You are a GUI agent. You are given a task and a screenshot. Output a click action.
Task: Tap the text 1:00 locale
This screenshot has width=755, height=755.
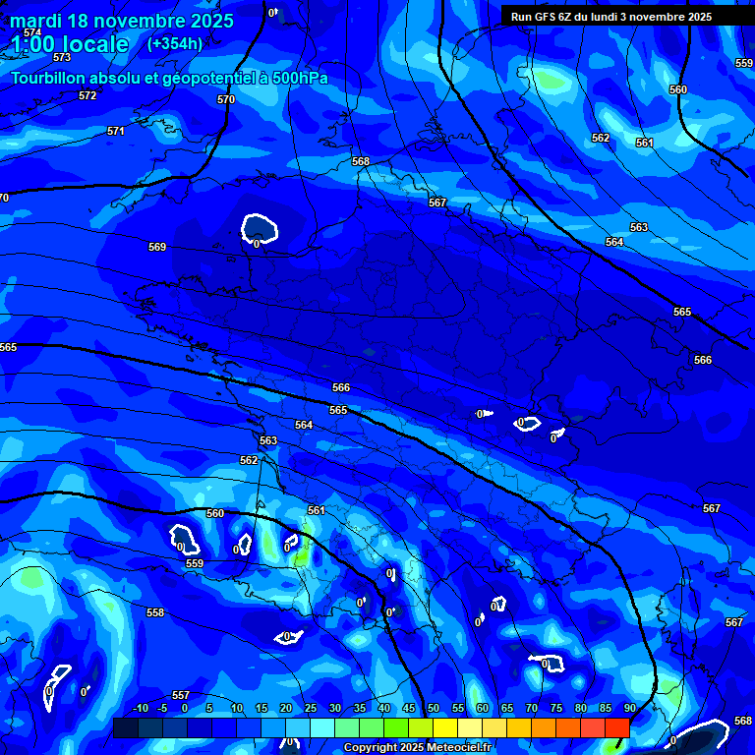click(69, 44)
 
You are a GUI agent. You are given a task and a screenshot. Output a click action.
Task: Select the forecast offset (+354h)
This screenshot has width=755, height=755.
click(175, 43)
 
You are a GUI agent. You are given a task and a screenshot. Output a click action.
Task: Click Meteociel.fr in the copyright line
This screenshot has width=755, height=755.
click(453, 748)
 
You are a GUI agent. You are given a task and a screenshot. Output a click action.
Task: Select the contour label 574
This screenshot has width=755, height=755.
click(32, 32)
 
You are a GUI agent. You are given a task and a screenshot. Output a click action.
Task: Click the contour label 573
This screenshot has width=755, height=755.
click(62, 58)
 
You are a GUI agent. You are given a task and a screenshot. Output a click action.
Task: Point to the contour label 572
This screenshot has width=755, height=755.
click(87, 95)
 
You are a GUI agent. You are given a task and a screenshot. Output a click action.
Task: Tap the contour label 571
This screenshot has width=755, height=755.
click(116, 131)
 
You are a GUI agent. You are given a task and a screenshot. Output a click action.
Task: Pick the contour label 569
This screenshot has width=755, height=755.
click(157, 247)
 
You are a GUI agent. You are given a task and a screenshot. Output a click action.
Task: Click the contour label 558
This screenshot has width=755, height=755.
click(155, 612)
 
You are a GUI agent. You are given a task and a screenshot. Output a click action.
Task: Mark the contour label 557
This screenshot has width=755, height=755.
click(180, 695)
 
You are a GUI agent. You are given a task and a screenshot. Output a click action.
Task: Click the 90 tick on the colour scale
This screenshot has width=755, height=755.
click(629, 709)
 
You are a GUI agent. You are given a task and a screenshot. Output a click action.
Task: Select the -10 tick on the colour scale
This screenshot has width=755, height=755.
click(140, 709)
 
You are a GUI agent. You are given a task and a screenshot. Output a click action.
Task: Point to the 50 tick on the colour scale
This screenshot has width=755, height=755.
click(434, 709)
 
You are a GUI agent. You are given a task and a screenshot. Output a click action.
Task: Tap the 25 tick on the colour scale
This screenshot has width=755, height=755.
click(311, 709)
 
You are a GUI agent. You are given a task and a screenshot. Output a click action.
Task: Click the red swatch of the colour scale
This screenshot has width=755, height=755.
click(616, 727)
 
